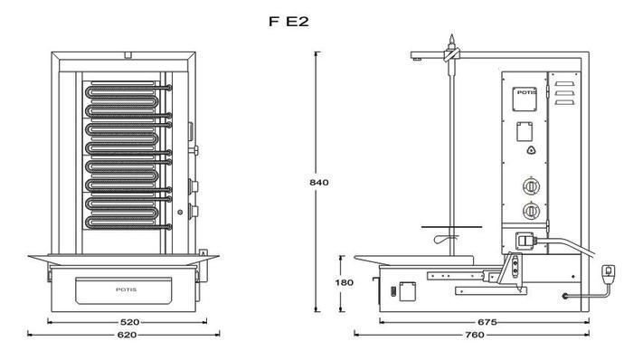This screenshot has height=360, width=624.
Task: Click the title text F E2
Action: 288,22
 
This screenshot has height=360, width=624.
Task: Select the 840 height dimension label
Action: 319,183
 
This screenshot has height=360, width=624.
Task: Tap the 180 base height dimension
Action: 344,282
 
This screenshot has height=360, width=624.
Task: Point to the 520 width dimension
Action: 129,322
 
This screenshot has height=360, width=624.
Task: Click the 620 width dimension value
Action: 127,335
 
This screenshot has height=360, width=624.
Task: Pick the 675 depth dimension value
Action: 487,322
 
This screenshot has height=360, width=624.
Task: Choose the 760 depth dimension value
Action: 475,335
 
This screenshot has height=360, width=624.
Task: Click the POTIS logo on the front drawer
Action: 126,289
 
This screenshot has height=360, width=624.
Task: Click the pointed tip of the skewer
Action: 451,35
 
